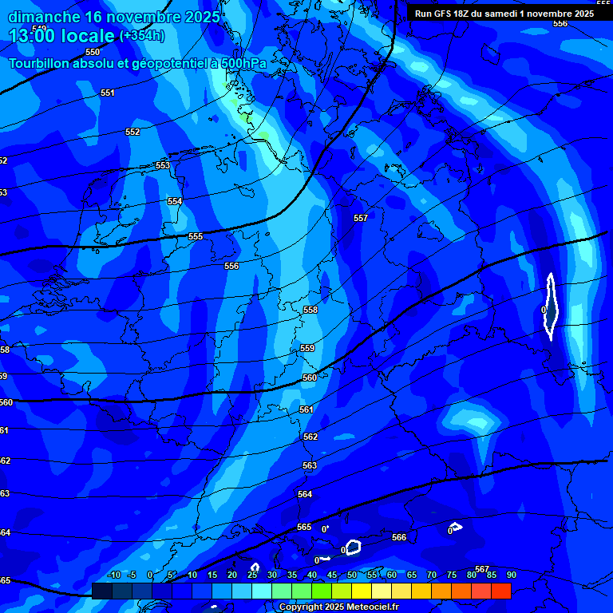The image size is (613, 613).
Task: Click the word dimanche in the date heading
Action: point(44,16)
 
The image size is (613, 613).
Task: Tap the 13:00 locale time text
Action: point(61,36)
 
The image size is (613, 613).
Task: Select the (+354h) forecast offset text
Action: point(142,36)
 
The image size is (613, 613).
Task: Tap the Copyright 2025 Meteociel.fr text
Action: point(338,607)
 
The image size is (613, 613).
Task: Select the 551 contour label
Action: point(108,93)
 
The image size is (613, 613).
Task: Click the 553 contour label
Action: point(163,166)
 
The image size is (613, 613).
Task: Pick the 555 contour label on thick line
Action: point(196,237)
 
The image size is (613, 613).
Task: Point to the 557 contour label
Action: point(361,218)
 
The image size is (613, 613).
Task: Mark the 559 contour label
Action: point(307,349)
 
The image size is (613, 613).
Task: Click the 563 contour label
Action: point(310,465)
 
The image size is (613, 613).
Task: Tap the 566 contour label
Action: point(399,537)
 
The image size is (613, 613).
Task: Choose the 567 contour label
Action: point(482,569)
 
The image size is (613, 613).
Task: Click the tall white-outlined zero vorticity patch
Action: point(551,306)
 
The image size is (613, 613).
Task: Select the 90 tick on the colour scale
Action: point(511,575)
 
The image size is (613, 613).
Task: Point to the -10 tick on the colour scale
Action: point(114,575)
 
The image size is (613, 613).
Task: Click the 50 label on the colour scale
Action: point(352,575)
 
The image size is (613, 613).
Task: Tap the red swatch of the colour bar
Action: point(500,591)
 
